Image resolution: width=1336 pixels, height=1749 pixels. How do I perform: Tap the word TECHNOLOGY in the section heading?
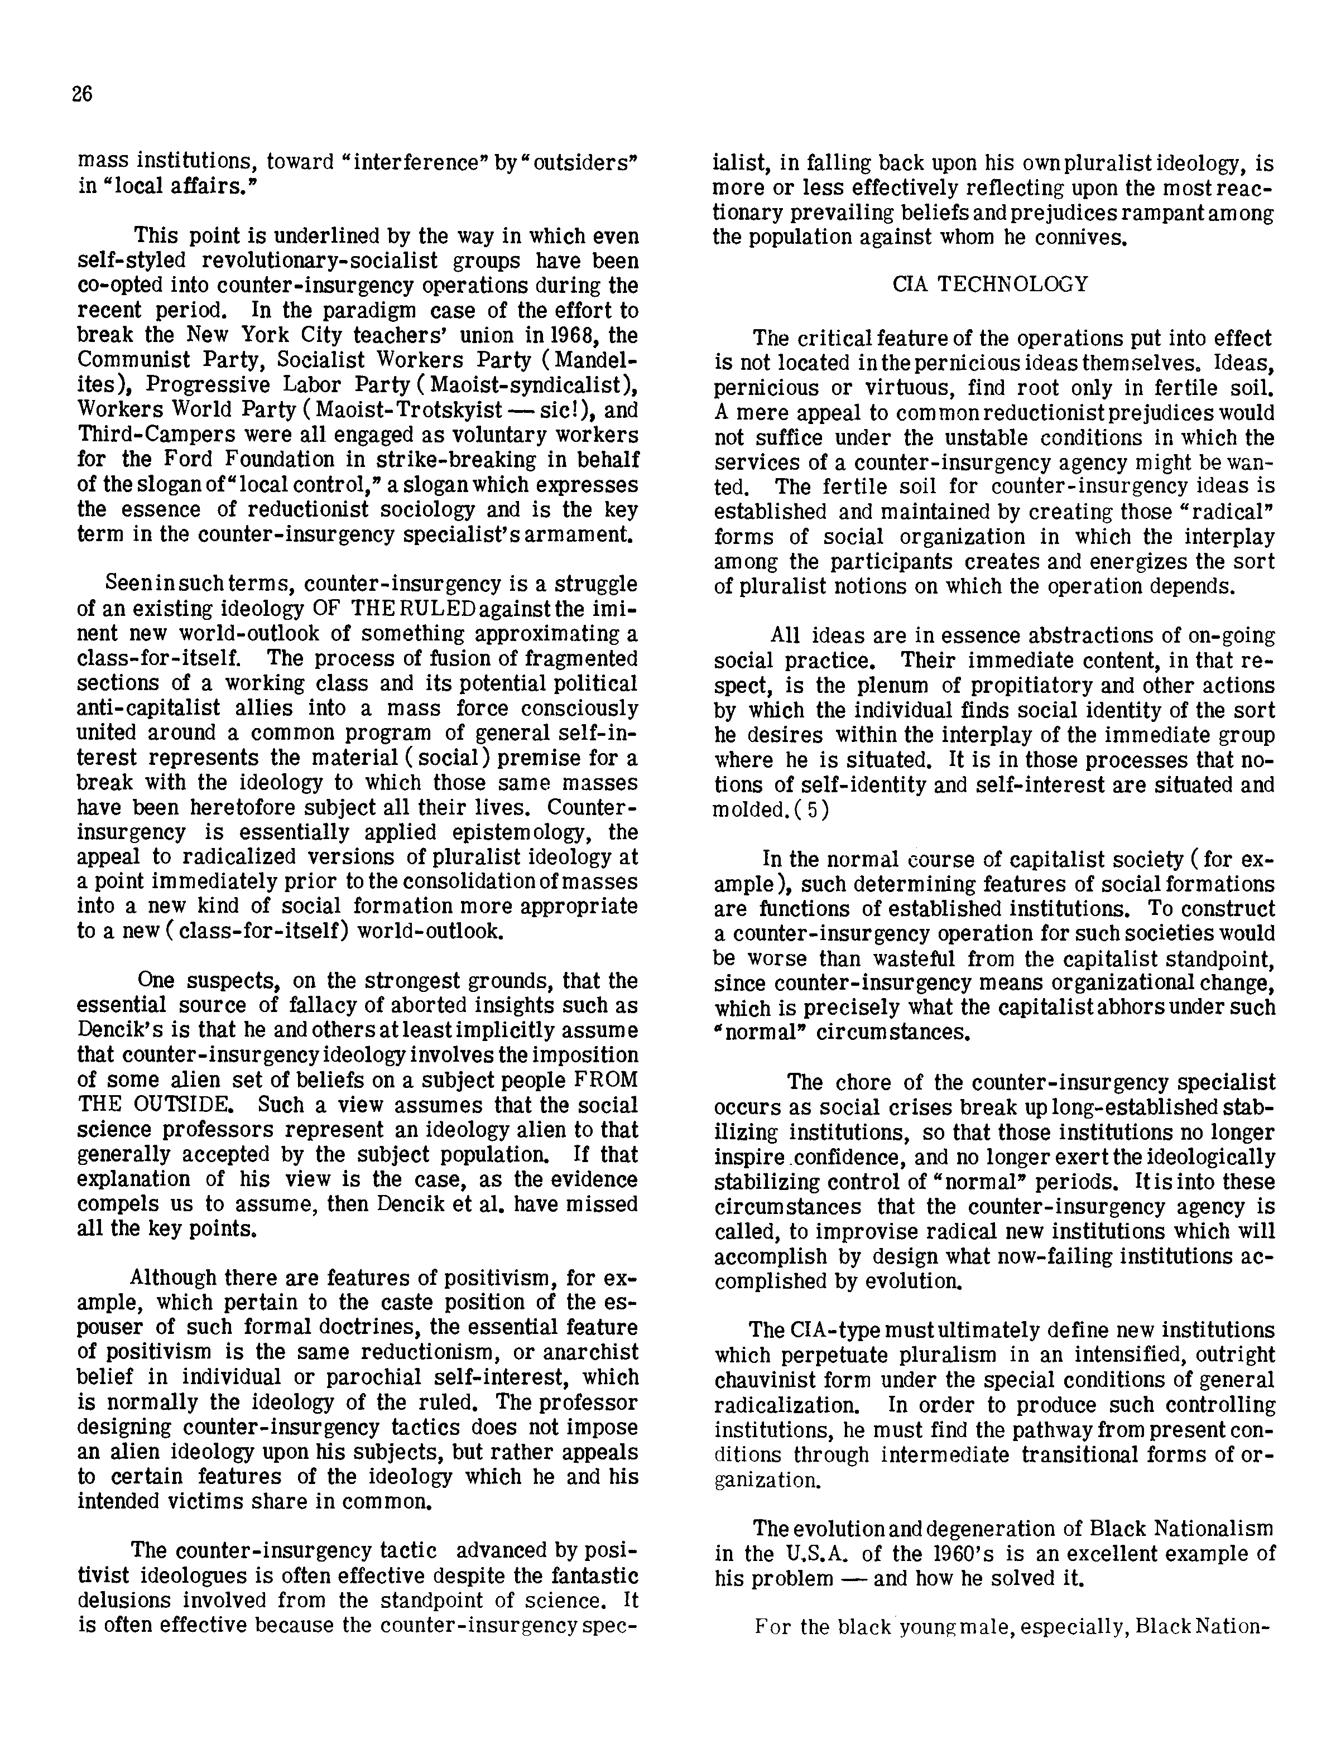tap(1012, 285)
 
